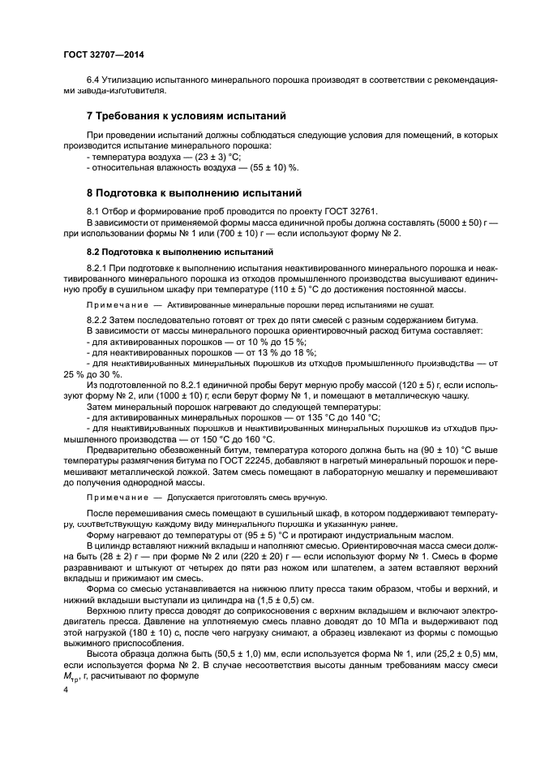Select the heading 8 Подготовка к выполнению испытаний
pos(194,193)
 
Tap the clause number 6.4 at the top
pos(94,80)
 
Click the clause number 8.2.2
pos(99,321)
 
